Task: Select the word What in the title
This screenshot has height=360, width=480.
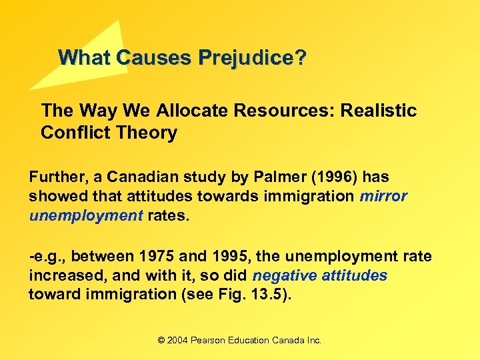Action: click(85, 57)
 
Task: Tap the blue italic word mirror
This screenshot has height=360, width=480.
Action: click(383, 197)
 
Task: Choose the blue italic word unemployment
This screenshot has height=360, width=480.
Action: click(85, 216)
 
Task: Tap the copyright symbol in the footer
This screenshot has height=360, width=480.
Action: click(161, 340)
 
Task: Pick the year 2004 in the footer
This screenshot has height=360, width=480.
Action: click(178, 340)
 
